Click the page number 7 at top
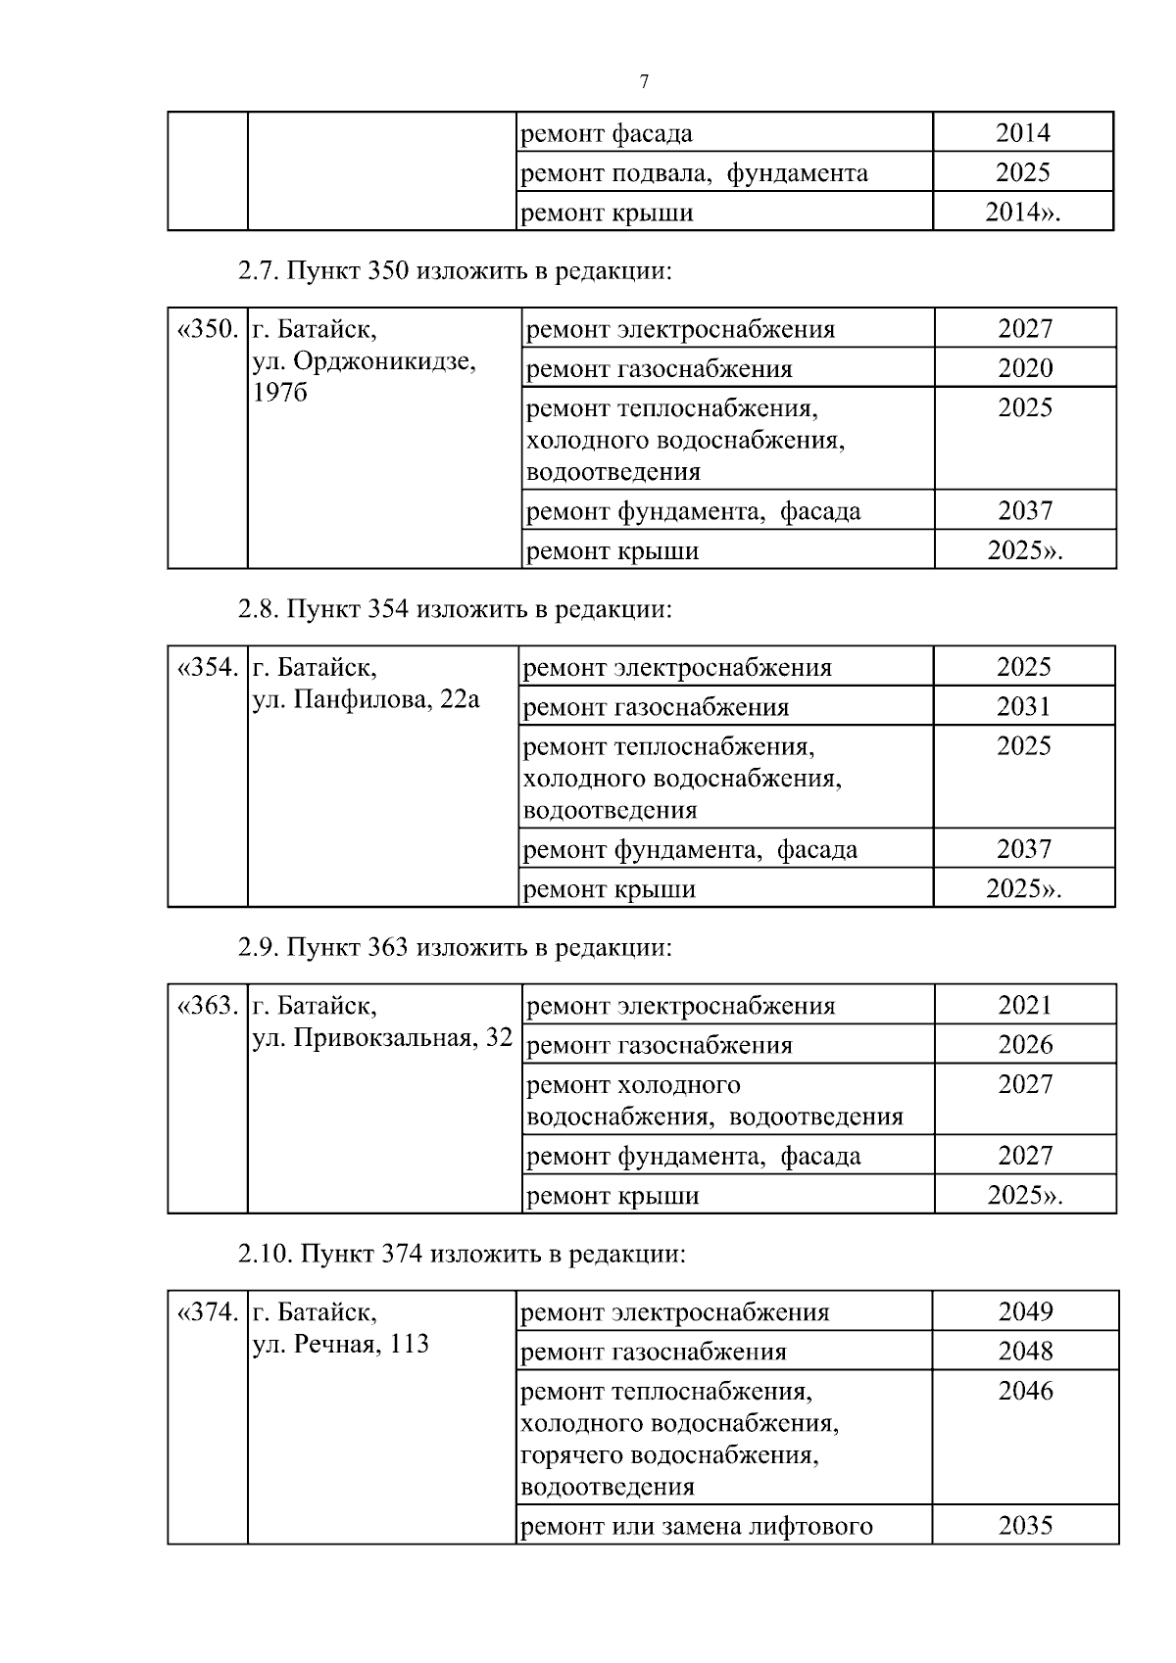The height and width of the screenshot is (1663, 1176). [x=644, y=82]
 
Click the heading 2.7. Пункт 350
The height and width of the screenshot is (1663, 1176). [x=456, y=270]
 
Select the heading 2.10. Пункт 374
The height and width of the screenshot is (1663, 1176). [x=462, y=1254]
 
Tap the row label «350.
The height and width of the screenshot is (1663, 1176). [x=207, y=329]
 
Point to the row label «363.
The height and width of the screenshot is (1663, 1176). [x=207, y=1006]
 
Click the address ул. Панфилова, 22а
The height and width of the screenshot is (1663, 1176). [x=366, y=699]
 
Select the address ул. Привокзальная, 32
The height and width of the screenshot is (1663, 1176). [x=382, y=1038]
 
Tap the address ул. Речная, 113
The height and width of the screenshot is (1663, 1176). [x=340, y=1344]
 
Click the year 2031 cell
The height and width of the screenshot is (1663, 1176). [x=1023, y=706]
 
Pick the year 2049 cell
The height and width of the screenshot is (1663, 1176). [x=1025, y=1311]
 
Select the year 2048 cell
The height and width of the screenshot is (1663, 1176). [x=1025, y=1352]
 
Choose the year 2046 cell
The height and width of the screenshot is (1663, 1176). [x=1025, y=1391]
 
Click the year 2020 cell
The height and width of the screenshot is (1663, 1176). [x=1025, y=368]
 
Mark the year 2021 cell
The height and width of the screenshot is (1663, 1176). [x=1025, y=1006]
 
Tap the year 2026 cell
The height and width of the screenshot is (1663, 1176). [x=1025, y=1045]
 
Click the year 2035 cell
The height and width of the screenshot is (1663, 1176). [x=1025, y=1525]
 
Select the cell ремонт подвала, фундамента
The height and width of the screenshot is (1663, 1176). [x=694, y=173]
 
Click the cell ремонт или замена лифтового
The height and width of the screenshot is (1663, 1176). [x=696, y=1526]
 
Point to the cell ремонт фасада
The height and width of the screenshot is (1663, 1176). [x=607, y=133]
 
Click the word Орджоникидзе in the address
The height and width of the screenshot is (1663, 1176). [x=383, y=361]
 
